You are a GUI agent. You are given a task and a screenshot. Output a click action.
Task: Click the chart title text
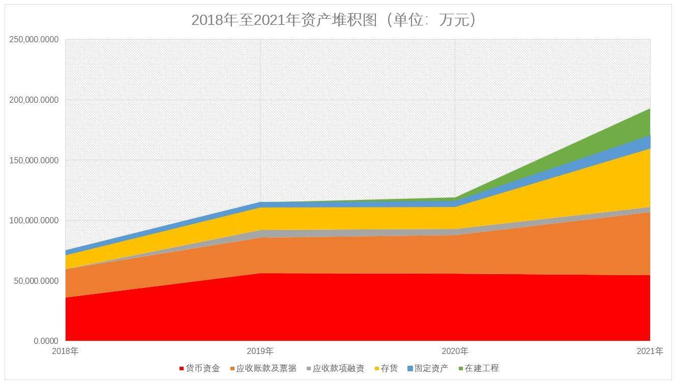pos(334,20)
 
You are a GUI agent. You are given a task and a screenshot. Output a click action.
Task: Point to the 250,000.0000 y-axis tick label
pos(34,40)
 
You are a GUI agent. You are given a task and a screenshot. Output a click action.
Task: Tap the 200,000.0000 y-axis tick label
pos(34,100)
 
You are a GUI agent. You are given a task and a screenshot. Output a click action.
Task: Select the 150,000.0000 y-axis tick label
pos(34,160)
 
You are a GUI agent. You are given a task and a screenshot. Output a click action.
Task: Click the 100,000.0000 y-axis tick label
pos(34,221)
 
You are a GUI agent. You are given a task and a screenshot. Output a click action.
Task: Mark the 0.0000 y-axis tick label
pos(46,341)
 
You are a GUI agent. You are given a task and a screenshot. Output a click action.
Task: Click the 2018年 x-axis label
pos(65,351)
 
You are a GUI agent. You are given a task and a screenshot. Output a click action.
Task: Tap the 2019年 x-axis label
pos(260,351)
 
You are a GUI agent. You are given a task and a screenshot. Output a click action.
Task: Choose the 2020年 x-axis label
pos(455,351)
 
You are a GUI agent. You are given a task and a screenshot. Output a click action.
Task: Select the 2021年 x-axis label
pos(650,351)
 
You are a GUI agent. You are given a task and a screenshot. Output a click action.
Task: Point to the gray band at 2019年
pos(260,233)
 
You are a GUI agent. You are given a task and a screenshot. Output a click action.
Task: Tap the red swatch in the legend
pos(182,368)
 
